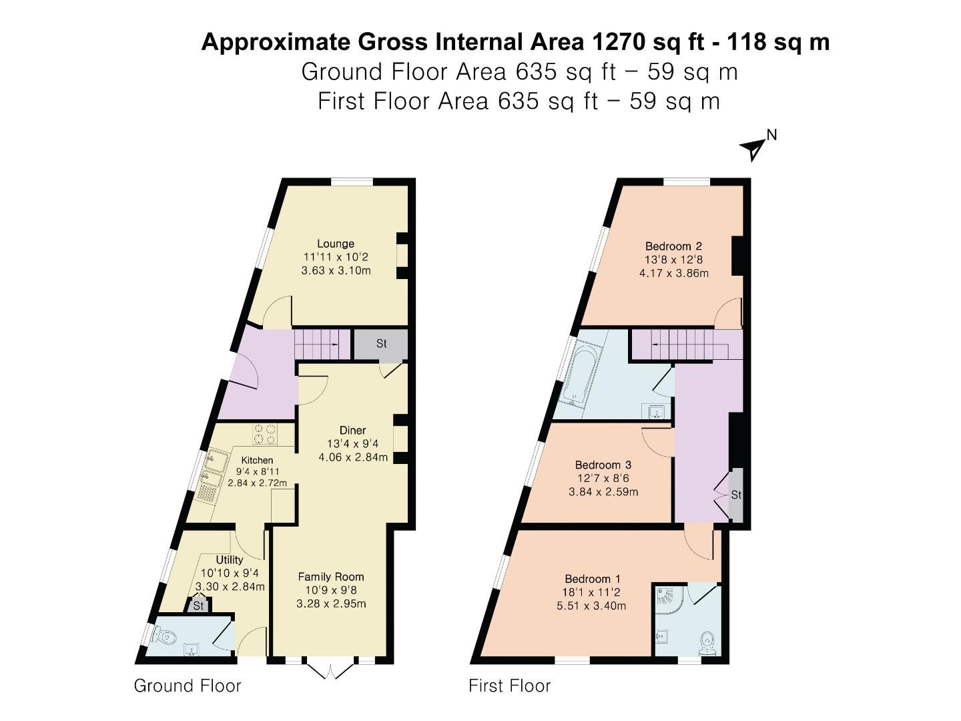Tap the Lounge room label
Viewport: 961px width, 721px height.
click(336, 244)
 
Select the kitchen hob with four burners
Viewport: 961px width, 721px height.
click(264, 434)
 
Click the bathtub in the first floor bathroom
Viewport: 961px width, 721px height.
click(581, 375)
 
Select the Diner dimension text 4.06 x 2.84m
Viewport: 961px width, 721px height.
click(353, 458)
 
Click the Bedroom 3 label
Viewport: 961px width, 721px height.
click(603, 465)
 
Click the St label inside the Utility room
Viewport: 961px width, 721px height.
click(198, 606)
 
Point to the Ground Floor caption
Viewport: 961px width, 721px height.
click(188, 686)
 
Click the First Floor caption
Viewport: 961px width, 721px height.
click(510, 686)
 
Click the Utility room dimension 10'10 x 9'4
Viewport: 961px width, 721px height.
click(230, 573)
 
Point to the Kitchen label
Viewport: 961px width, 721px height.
click(257, 460)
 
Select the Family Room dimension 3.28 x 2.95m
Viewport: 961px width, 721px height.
click(331, 604)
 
